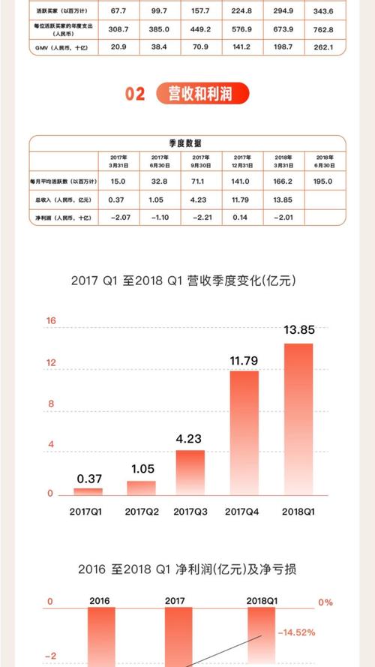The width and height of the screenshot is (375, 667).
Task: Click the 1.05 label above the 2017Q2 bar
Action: point(141,470)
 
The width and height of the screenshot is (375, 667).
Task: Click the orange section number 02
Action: point(135,95)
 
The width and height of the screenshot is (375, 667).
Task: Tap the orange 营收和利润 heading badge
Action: point(202,95)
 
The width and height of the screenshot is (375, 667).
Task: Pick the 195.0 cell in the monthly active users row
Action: point(326,182)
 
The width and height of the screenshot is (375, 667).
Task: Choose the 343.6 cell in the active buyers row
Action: point(326,11)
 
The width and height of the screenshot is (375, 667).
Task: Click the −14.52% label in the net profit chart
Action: point(296,632)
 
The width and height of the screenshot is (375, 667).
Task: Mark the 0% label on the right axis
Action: point(325,602)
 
